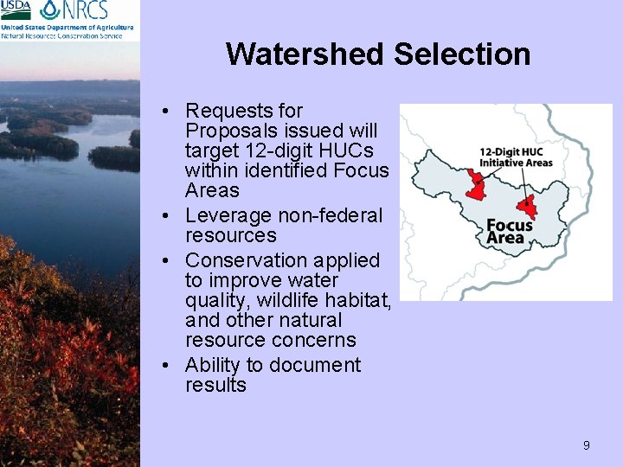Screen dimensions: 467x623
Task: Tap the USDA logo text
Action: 16,10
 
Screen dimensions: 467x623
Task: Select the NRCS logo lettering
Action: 85,10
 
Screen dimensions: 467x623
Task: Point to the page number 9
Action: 586,445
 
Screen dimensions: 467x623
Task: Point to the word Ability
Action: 214,365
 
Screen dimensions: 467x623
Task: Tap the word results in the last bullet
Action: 215,386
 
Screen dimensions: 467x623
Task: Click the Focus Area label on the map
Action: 510,232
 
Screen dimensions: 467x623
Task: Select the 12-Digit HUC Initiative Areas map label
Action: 517,157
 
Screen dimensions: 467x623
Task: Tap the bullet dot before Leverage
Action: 174,215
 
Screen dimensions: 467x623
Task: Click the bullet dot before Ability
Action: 174,366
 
